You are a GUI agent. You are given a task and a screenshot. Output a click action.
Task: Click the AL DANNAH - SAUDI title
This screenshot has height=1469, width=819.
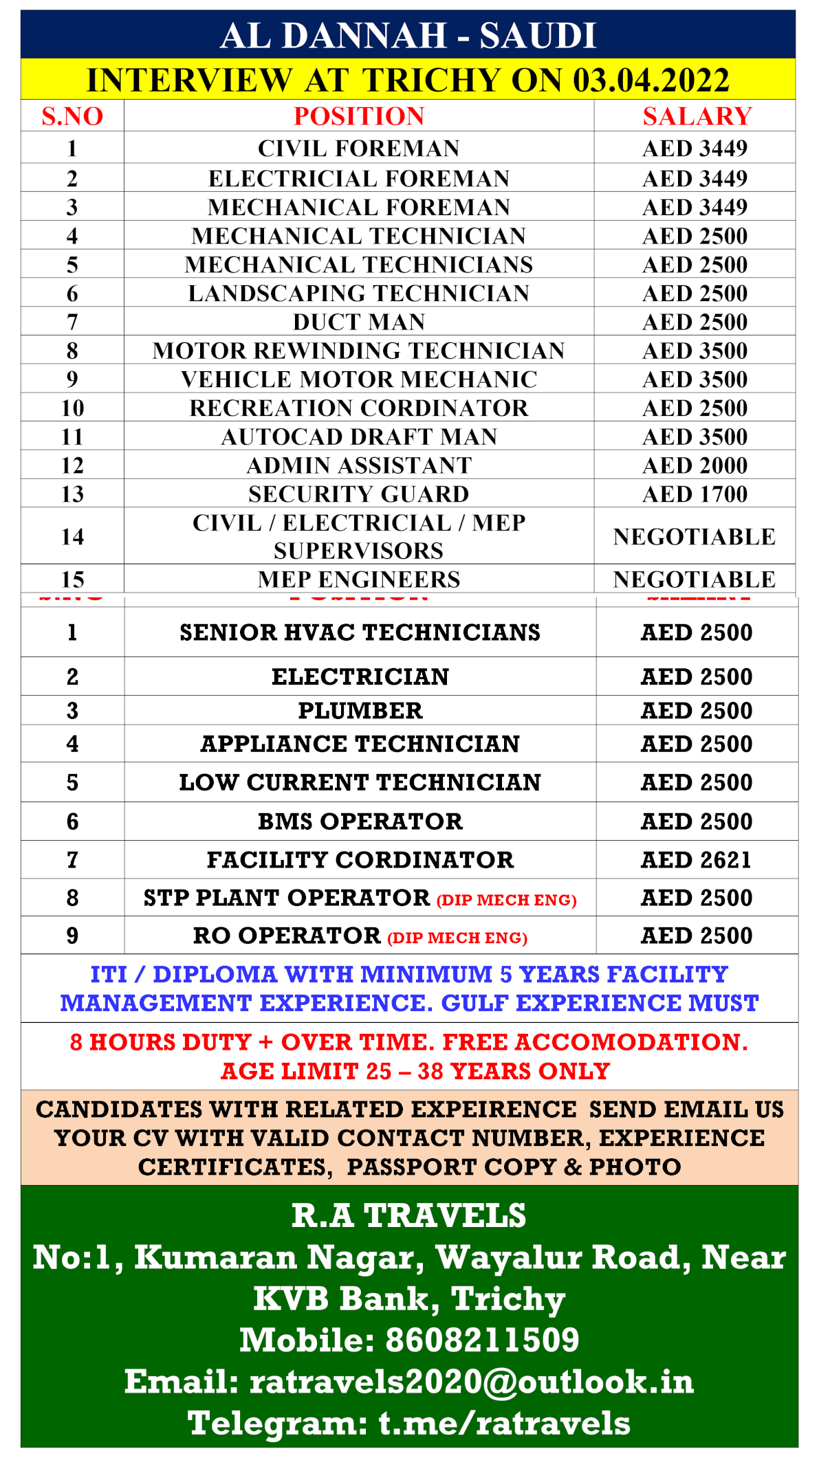coord(408,35)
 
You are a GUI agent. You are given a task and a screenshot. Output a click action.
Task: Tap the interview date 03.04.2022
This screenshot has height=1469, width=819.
coord(651,80)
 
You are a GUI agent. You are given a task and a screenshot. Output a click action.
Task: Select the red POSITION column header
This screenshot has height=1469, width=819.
coord(359,116)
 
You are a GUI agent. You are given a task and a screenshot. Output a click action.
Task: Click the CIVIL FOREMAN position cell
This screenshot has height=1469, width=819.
coord(359,148)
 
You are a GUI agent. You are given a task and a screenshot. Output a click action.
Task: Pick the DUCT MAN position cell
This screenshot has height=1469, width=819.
coord(359,322)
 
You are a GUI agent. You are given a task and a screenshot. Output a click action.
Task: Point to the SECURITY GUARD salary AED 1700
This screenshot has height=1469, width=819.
coord(695,494)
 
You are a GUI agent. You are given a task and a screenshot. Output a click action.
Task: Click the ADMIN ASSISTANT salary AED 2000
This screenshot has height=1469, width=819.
coord(695,465)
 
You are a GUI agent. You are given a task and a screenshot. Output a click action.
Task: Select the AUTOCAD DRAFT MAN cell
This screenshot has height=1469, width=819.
coord(359,437)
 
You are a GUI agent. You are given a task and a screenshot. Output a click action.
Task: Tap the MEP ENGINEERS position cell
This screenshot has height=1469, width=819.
coord(359,579)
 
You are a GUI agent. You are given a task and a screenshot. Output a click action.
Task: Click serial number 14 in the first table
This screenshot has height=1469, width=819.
coord(72,537)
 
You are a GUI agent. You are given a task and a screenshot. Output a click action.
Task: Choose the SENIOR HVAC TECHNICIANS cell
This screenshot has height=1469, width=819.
coord(360,632)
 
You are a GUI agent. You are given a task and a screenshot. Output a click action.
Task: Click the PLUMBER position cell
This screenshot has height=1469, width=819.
coord(360,711)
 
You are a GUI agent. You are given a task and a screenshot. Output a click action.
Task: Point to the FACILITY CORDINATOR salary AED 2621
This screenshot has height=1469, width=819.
coord(696,860)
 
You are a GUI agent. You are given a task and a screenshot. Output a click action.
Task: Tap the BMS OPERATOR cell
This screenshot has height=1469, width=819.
coord(360,821)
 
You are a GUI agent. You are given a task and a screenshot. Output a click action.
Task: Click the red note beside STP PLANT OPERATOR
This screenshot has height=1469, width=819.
coord(506,900)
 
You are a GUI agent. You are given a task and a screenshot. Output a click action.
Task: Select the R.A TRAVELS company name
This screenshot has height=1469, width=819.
coord(408,1215)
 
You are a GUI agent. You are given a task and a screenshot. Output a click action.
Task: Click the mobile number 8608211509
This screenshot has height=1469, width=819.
coord(482,1340)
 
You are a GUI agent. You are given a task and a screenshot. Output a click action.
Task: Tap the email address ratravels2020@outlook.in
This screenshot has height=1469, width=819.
coord(471,1382)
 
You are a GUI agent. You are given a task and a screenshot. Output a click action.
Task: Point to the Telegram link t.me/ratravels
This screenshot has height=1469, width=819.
coord(504,1423)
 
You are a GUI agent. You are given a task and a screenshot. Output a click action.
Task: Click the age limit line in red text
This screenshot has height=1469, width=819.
coord(415,1071)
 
